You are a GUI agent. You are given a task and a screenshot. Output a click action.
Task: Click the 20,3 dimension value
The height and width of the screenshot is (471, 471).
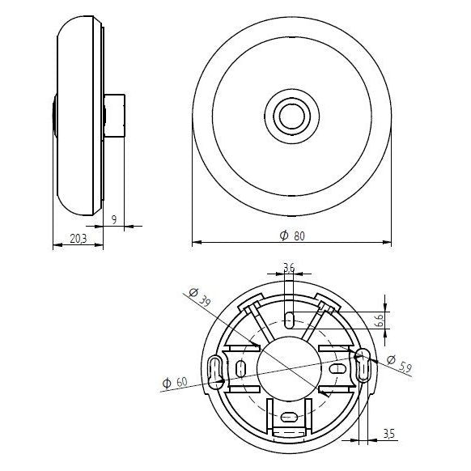click(78, 239)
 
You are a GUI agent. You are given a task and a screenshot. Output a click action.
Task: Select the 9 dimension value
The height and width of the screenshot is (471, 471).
click(114, 220)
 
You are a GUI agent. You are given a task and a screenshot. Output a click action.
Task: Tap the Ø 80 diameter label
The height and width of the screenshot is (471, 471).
click(292, 235)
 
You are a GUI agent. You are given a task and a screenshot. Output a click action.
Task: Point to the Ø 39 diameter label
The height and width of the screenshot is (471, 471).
click(199, 297)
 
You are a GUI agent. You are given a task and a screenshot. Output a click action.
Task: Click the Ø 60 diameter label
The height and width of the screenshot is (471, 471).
click(175, 383)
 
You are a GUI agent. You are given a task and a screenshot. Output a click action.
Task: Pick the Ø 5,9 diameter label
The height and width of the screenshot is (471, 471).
click(399, 363)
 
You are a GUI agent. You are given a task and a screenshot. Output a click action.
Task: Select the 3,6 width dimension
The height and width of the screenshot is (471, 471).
click(289, 267)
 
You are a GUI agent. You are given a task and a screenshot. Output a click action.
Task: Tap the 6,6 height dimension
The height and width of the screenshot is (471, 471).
click(380, 320)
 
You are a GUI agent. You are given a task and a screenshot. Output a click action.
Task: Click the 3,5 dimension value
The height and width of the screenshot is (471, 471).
click(389, 434)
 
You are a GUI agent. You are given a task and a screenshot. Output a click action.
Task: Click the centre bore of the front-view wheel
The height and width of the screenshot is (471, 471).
click(291, 117)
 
